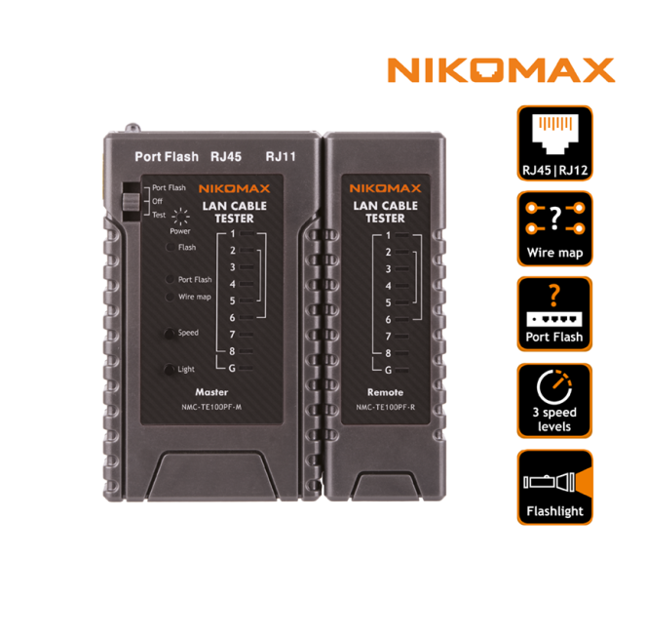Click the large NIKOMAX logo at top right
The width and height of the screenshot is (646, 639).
tap(501, 70)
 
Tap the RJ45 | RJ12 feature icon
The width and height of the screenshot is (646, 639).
tap(553, 143)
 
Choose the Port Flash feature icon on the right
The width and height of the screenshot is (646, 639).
tap(553, 314)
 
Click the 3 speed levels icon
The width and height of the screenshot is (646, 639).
tap(553, 401)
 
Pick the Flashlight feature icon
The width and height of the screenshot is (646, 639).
tap(553, 487)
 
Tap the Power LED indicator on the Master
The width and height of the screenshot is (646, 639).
tap(178, 220)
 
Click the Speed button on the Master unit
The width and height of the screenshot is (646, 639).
tap(171, 333)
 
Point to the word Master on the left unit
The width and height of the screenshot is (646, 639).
tap(211, 391)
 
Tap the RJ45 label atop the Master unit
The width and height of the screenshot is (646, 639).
tap(227, 156)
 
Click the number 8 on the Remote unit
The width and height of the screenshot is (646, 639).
tap(388, 352)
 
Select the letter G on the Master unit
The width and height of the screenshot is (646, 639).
tap(232, 368)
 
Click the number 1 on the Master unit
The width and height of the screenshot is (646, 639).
tap(233, 234)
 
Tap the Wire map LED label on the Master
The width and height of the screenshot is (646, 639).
tap(194, 297)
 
